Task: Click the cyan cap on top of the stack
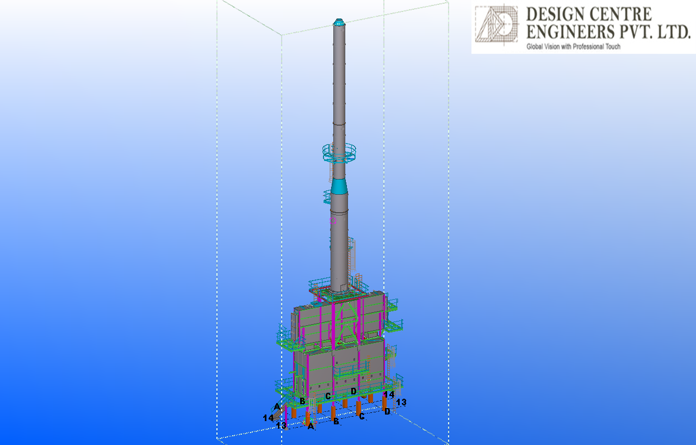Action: [x=339, y=22]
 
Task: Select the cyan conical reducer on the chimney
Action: [x=339, y=186]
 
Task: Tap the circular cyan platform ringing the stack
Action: [x=339, y=153]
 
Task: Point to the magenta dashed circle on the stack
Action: [x=333, y=221]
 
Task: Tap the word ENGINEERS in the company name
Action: [x=570, y=32]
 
